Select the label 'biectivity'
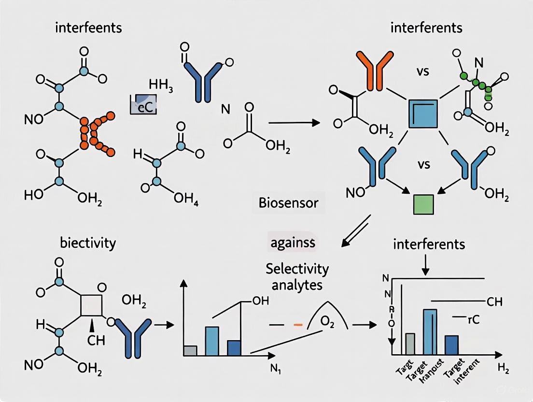[88, 242]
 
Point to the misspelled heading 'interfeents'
[88, 27]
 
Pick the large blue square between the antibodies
[423, 114]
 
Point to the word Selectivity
[296, 269]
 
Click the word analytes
[296, 285]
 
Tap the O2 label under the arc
[328, 322]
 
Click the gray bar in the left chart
[190, 350]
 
